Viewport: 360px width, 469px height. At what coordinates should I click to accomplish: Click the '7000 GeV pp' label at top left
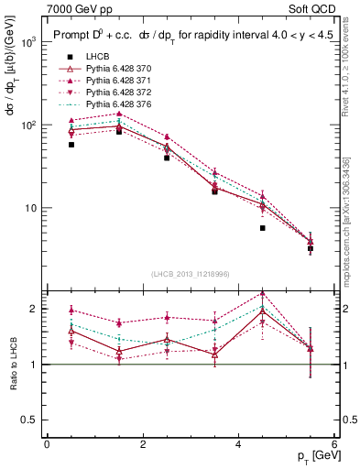[x=74, y=8]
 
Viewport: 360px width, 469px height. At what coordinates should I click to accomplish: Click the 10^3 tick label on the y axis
[x=28, y=42]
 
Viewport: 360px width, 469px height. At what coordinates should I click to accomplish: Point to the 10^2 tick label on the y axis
[x=28, y=125]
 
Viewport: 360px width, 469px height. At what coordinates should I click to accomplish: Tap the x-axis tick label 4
[x=238, y=444]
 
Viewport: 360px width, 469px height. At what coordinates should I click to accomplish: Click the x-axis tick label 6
[x=334, y=444]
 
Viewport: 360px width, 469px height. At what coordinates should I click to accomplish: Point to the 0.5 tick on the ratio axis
[x=30, y=420]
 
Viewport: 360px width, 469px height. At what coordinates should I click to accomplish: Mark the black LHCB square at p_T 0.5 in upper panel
[x=71, y=145]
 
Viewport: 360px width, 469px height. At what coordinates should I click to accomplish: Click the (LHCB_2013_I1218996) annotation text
[x=191, y=276]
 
